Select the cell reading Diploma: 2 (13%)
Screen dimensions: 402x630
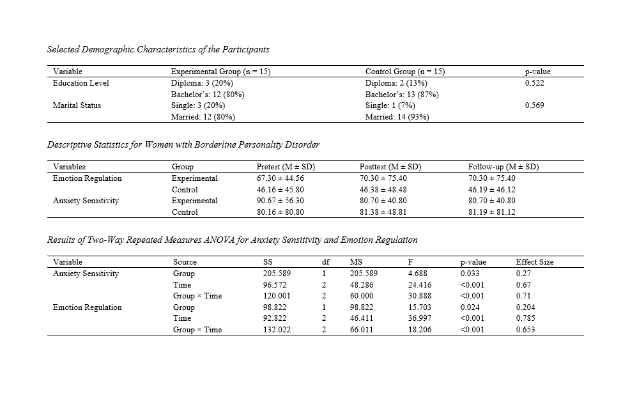pyautogui.click(x=396, y=83)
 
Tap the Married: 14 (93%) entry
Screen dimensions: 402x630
pyautogui.click(x=396, y=117)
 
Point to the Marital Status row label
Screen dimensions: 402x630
pyautogui.click(x=76, y=105)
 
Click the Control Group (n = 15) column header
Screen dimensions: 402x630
pyautogui.click(x=404, y=72)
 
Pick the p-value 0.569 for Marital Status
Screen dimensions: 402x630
pyautogui.click(x=534, y=105)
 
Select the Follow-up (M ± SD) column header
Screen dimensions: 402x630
pyautogui.click(x=503, y=167)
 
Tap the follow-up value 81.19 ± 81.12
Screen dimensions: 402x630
pyautogui.click(x=491, y=212)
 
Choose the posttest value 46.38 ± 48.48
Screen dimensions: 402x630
pyautogui.click(x=383, y=190)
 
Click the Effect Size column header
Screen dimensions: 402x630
pyautogui.click(x=535, y=262)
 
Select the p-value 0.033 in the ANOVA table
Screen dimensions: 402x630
pyautogui.click(x=470, y=274)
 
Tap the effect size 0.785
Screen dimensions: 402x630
pyautogui.click(x=525, y=318)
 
